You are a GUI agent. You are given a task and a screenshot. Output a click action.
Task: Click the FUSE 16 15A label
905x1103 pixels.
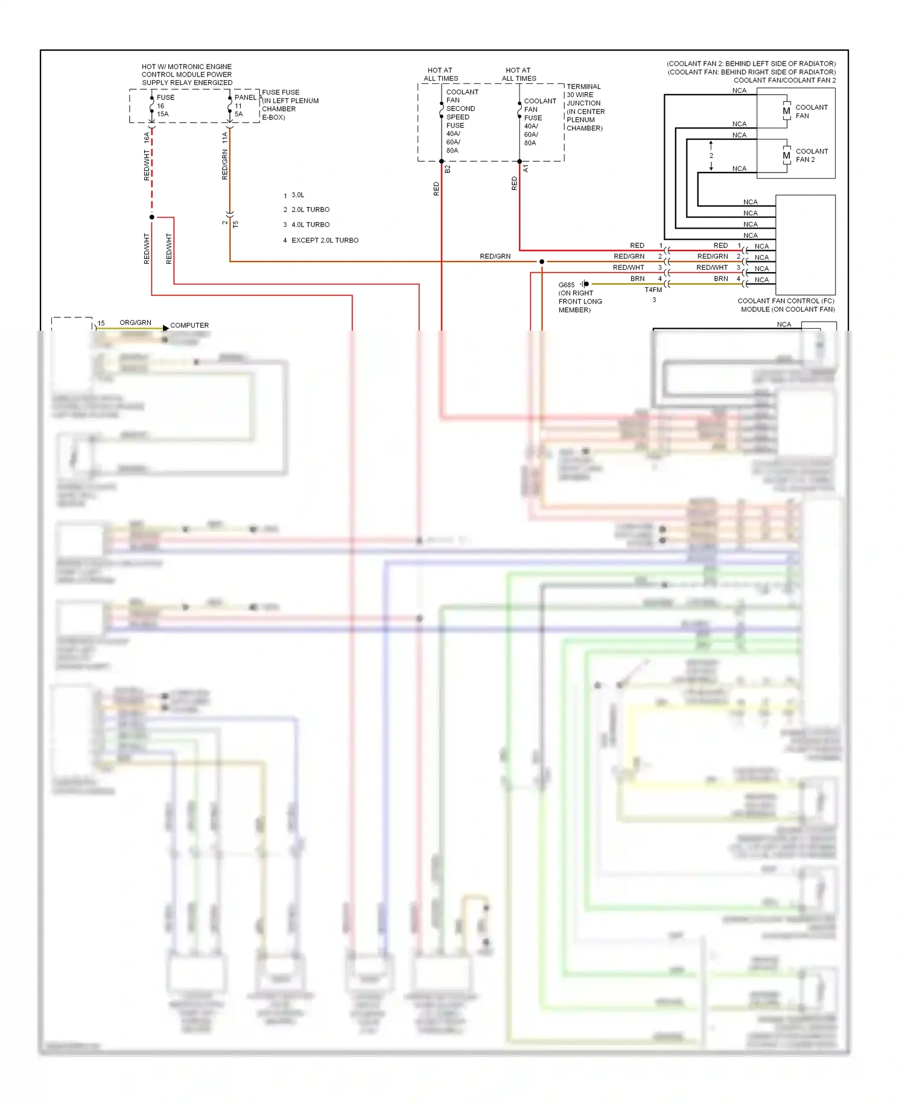tap(164, 106)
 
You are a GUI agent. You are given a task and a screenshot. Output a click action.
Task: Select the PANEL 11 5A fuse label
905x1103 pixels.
tap(244, 106)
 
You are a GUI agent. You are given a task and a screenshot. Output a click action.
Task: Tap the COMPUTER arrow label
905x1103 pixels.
tap(189, 325)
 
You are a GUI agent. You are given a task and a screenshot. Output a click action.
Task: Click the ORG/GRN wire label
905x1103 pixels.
tap(135, 323)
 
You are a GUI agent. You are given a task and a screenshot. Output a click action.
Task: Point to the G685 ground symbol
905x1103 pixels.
tap(585, 284)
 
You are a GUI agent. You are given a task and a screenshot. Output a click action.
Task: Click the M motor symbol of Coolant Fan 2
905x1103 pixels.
tap(786, 156)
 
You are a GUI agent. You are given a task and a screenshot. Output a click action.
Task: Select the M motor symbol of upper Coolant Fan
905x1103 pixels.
tap(786, 111)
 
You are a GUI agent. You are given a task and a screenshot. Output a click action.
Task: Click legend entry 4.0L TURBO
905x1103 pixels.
tap(310, 224)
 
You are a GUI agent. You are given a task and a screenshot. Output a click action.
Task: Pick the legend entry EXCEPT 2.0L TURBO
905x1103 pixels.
tap(325, 240)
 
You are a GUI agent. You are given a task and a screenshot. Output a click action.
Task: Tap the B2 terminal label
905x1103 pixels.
tap(448, 170)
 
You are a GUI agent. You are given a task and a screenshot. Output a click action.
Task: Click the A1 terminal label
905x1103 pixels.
tap(526, 168)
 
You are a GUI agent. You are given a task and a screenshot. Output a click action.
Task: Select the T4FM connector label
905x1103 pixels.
tap(653, 290)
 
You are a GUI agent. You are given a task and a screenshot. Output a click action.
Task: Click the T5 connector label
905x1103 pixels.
tap(236, 224)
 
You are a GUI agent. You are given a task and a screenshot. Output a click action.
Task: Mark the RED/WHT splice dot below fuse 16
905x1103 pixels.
tap(152, 217)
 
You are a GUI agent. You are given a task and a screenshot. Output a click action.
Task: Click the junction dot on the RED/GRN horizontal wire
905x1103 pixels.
tap(542, 261)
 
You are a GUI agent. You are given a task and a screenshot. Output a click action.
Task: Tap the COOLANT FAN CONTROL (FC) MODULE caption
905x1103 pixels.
tap(786, 305)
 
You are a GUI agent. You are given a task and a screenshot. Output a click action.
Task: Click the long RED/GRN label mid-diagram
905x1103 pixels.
tap(495, 256)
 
